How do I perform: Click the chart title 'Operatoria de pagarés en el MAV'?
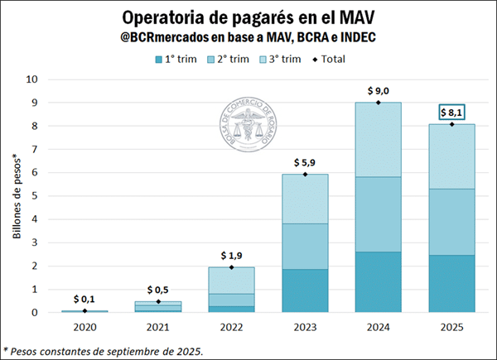(x=248, y=17)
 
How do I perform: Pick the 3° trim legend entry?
(x=282, y=59)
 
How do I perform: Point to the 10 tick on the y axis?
(x=33, y=79)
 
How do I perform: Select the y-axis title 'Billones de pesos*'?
(x=17, y=196)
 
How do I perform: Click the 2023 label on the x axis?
(x=306, y=327)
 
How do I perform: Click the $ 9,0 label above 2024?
(x=378, y=89)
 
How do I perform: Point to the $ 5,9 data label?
(x=306, y=162)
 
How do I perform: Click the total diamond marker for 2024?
(x=378, y=103)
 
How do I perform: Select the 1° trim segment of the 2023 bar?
(x=306, y=290)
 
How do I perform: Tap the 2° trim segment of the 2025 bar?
(x=451, y=222)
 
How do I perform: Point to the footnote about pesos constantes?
(x=104, y=351)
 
